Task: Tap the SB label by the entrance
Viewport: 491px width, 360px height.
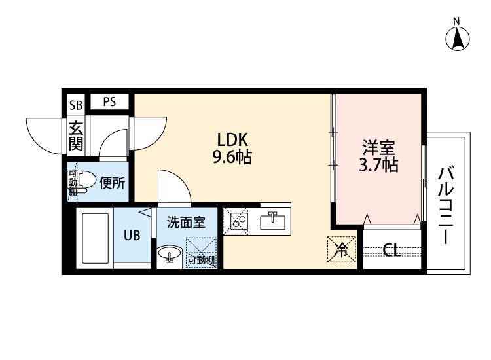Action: point(76,105)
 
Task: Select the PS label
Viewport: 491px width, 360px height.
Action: point(109,101)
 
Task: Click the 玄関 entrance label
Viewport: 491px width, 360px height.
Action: point(76,136)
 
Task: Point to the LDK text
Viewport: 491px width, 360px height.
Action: point(232,139)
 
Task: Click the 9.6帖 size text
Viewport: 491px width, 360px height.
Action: point(232,157)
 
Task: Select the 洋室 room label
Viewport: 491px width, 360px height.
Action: point(378,148)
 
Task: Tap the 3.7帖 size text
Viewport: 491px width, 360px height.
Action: point(378,165)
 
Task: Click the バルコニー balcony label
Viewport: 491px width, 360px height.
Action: point(446,205)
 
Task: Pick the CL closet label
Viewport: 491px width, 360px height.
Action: point(392,250)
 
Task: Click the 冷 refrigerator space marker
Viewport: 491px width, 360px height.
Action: point(342,249)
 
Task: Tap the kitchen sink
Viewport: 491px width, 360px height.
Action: point(273,221)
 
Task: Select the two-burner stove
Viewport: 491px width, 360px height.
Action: point(239,221)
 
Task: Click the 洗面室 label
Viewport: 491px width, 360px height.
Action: point(187,222)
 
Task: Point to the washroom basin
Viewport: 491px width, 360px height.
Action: point(170,253)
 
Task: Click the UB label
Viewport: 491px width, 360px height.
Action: point(132,236)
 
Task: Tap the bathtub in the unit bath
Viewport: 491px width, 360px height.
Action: point(95,238)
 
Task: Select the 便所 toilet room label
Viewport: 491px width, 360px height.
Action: point(112,183)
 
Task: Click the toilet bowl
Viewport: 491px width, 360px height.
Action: point(85,181)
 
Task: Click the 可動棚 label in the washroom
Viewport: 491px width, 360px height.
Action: point(201,260)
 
